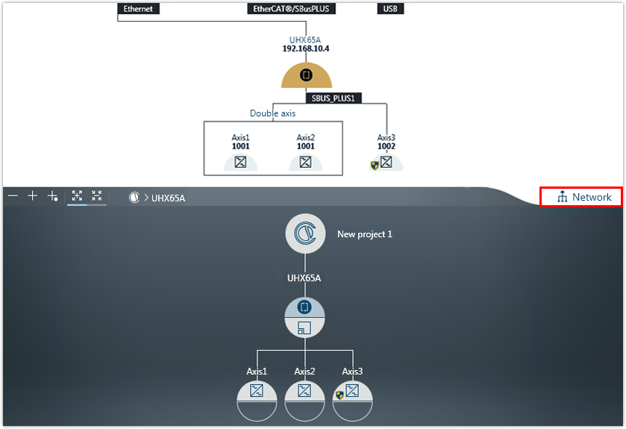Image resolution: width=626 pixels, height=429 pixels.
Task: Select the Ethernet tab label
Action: pyautogui.click(x=138, y=10)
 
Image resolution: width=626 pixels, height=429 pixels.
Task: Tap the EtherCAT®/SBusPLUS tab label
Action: pyautogui.click(x=292, y=10)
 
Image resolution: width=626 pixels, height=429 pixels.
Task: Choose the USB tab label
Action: pyautogui.click(x=390, y=10)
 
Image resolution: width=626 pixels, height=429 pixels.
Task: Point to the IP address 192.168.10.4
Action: pyautogui.click(x=305, y=48)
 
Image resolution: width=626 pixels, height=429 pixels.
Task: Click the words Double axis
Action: pyautogui.click(x=272, y=113)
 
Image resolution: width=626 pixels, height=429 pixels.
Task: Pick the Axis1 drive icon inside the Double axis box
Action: pyautogui.click(x=240, y=162)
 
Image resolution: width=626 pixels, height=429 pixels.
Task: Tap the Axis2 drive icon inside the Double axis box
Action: pyautogui.click(x=305, y=162)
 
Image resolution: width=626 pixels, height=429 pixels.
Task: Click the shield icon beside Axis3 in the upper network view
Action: pyautogui.click(x=375, y=165)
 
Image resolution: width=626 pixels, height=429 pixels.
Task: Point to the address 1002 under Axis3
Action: pyautogui.click(x=386, y=146)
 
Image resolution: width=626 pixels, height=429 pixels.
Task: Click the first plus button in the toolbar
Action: pyautogui.click(x=32, y=196)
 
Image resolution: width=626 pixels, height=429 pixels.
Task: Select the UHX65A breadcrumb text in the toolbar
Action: pyautogui.click(x=168, y=198)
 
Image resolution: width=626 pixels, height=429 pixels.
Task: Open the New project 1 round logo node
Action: pyautogui.click(x=305, y=234)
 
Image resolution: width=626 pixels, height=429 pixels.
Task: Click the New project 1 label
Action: pyautogui.click(x=365, y=234)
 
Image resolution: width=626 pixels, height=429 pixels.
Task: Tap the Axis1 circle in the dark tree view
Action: pyautogui.click(x=257, y=399)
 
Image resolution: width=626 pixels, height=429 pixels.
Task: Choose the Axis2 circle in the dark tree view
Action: pyautogui.click(x=304, y=399)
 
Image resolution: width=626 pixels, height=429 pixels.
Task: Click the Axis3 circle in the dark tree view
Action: pyautogui.click(x=352, y=399)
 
